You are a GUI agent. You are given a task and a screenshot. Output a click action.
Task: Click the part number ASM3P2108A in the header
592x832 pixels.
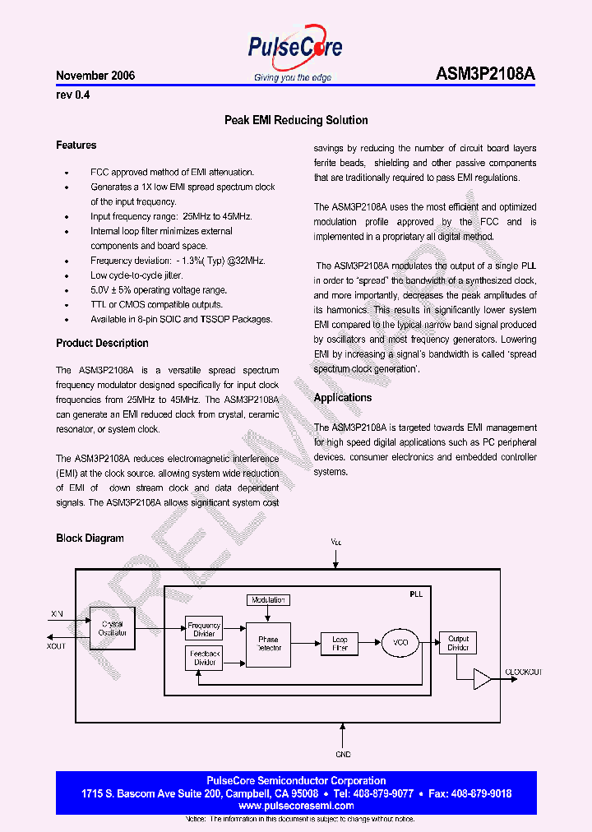[x=485, y=74]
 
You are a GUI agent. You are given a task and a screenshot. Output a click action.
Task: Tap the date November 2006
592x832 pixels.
[x=95, y=76]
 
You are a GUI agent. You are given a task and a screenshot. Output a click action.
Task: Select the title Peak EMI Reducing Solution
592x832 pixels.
[x=296, y=120]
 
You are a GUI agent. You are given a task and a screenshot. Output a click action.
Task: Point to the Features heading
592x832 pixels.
[x=76, y=146]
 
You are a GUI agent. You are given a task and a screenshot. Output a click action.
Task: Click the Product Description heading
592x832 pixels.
[x=102, y=343]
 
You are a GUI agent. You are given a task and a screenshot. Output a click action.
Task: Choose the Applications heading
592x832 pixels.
[x=343, y=398]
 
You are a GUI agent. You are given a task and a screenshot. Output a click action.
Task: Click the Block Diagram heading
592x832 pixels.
[x=90, y=538]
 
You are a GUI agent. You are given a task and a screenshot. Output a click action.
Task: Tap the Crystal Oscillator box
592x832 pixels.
[x=113, y=629]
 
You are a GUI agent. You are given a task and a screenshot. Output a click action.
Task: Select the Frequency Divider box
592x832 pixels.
[x=204, y=629]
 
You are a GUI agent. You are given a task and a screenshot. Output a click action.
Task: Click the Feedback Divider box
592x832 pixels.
[x=204, y=658]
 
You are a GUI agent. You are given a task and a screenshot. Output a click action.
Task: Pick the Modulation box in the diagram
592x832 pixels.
[x=268, y=600]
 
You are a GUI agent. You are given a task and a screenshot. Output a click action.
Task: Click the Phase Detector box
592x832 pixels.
[x=268, y=644]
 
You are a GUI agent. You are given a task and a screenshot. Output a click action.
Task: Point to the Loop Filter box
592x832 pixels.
[x=340, y=644]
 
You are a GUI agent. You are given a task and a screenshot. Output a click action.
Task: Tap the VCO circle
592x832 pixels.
[x=400, y=642]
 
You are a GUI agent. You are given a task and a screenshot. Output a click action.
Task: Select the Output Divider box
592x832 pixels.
[x=458, y=643]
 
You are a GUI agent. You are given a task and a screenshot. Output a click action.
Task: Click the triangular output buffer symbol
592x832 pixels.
[x=482, y=679]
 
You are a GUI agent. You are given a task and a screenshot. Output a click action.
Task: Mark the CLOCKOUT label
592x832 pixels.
[x=523, y=673]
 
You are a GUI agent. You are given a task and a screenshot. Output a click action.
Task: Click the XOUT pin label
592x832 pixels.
[x=57, y=646]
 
